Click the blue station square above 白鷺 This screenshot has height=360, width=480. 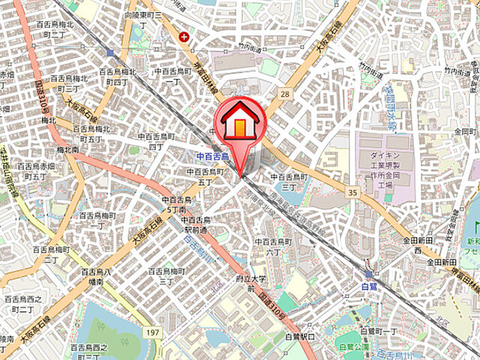point(368,275)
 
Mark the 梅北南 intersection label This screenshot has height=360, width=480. point(66,150)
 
